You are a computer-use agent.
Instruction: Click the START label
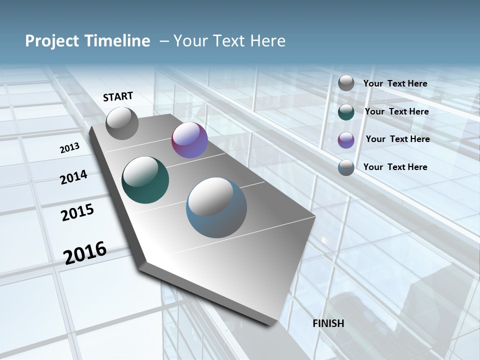118,96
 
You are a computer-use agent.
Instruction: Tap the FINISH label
328,323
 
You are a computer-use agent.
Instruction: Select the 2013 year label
69,148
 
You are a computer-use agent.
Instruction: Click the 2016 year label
85,253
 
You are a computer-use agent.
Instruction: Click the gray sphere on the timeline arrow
122,123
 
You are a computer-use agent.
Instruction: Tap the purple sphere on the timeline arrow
189,140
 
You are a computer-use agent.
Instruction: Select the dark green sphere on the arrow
145,180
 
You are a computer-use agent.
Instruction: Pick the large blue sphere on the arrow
216,207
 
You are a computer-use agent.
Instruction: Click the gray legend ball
346,83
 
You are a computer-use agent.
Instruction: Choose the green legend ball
346,112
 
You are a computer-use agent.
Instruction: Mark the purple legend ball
346,139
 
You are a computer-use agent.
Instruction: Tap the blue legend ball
346,167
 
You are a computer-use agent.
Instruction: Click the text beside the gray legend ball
395,83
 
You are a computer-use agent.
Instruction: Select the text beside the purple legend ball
397,139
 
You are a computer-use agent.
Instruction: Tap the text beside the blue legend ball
395,167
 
